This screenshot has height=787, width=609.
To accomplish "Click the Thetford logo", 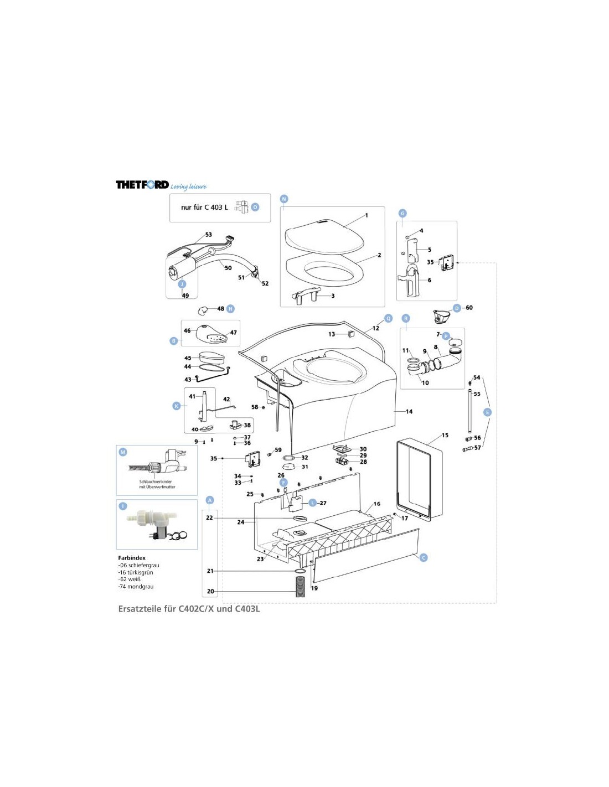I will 142,184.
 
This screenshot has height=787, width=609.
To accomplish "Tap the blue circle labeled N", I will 284,199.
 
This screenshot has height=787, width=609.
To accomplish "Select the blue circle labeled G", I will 402,214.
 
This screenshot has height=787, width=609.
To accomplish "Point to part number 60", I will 469,308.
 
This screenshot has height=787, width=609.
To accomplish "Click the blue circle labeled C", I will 424,557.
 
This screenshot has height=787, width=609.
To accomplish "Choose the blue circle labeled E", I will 487,412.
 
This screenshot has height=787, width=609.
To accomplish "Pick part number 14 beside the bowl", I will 409,411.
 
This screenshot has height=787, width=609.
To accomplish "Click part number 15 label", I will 445,436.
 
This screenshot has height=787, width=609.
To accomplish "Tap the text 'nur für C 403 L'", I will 204,208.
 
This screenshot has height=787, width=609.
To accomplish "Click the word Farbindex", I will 132,558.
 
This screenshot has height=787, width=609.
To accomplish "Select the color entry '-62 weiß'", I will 130,579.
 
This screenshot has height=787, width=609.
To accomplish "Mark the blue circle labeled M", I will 123,452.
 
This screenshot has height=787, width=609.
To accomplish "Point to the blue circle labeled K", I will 177,406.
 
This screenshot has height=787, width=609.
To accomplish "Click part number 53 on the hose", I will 209,235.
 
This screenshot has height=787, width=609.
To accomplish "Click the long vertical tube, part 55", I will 469,412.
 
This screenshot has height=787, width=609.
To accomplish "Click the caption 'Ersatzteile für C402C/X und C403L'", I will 189,609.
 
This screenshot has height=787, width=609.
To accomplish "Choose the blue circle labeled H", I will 231,309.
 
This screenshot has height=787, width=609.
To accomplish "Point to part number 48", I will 221,309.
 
